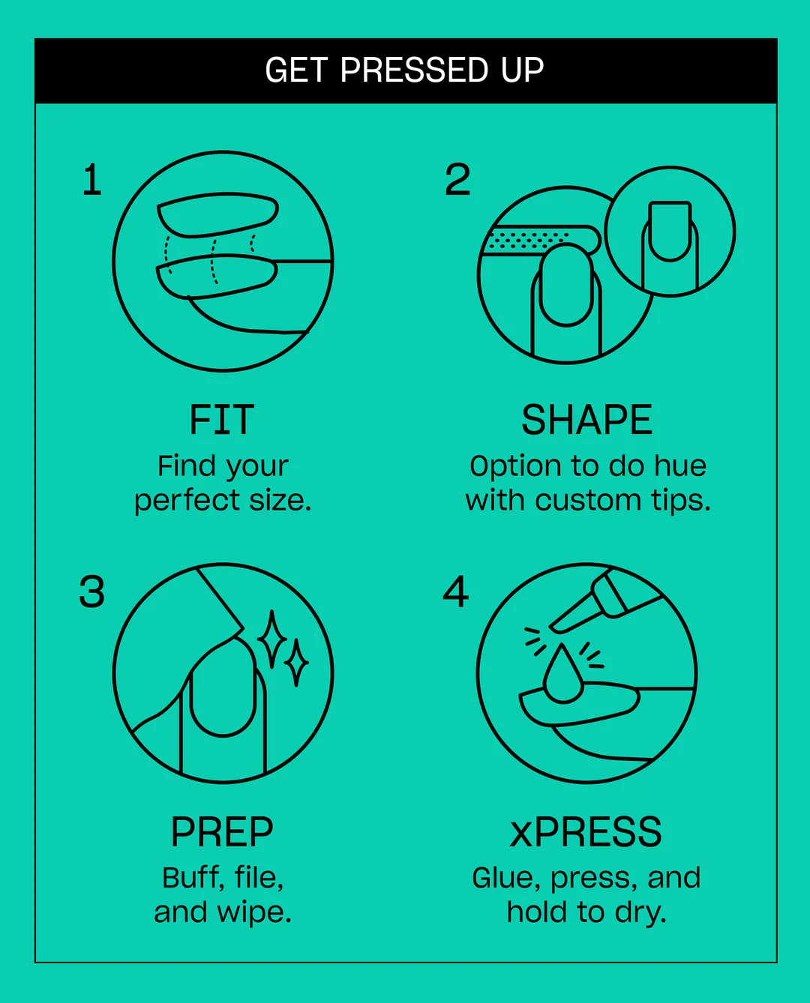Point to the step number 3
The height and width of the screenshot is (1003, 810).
coord(92,591)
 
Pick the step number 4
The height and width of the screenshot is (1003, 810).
coord(456,591)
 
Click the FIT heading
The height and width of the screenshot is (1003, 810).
coord(222,420)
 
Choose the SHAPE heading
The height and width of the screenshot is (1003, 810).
coord(586,420)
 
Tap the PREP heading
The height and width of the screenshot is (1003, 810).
coord(222,832)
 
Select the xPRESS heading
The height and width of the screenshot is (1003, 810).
coord(586,832)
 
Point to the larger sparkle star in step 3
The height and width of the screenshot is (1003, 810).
coord(271,639)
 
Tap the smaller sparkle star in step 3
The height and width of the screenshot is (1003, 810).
coord(296,663)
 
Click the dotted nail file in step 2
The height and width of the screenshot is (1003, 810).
coord(542,241)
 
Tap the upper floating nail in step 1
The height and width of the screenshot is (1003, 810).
coord(217,214)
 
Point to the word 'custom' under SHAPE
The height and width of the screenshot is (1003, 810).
coord(587,500)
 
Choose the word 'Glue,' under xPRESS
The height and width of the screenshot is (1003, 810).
coord(506,879)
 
